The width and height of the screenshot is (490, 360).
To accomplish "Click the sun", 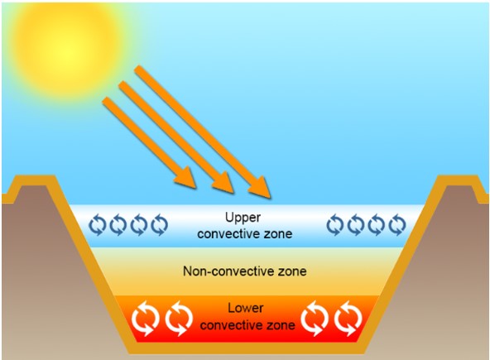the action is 66,51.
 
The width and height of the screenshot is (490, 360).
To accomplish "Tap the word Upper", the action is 243,218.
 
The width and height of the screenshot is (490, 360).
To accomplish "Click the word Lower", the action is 246,308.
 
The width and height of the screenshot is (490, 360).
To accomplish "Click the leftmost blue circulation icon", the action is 98,224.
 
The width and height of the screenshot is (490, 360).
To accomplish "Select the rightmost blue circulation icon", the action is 397,224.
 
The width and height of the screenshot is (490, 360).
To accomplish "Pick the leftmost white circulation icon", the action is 146,319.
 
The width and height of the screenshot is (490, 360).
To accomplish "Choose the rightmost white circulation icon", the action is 348,319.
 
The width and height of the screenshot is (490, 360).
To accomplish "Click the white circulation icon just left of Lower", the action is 179,319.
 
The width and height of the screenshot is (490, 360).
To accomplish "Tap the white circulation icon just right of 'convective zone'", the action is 315,319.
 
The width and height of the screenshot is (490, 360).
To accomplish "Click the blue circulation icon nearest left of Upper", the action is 160,224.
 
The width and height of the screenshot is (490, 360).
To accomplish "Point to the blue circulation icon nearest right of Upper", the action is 335,224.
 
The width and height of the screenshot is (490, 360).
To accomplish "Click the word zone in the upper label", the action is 278,234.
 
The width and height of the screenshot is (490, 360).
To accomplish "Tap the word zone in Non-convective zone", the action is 292,271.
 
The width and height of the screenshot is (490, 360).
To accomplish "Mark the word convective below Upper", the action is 229,234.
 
